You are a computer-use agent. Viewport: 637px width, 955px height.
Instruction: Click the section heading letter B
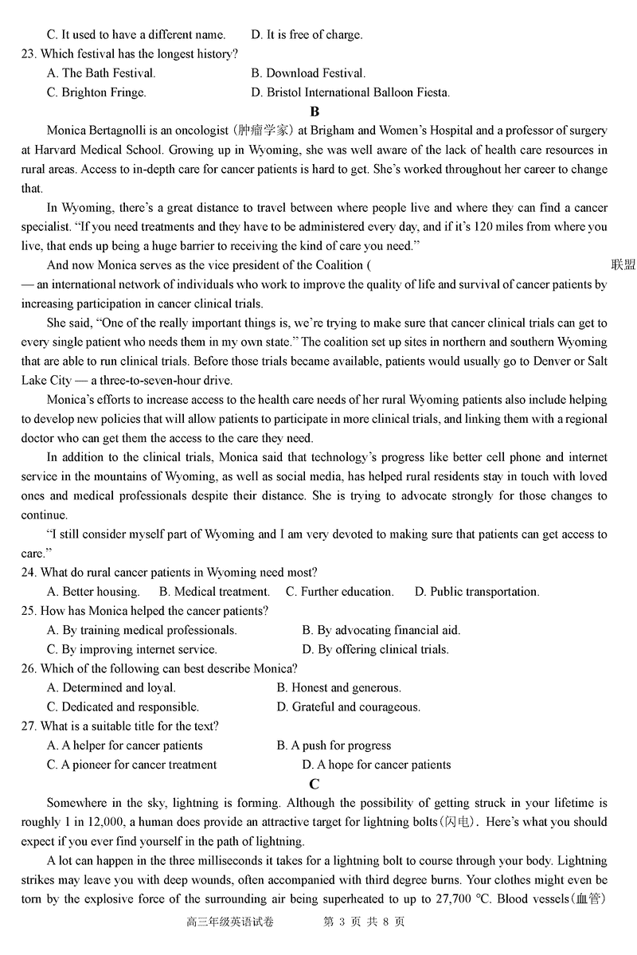coord(315,112)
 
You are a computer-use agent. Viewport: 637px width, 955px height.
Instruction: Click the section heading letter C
coord(315,784)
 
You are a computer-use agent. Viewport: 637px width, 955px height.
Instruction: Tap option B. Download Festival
coord(308,73)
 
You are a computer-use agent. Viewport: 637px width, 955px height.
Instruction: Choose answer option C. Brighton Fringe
coord(96,92)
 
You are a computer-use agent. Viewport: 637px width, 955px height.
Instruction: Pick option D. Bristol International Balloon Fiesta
coord(350,92)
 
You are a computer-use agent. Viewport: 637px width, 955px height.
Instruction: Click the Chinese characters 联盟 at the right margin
coord(623,265)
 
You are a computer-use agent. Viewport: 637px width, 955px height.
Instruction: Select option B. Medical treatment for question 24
coord(214,592)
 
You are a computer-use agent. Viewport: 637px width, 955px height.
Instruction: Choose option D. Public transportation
coord(477,592)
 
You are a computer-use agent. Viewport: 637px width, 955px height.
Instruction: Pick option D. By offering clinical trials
coord(376,649)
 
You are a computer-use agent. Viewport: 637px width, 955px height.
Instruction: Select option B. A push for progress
coord(334,746)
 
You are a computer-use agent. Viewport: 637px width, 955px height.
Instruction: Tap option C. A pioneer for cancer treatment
coord(131,765)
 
